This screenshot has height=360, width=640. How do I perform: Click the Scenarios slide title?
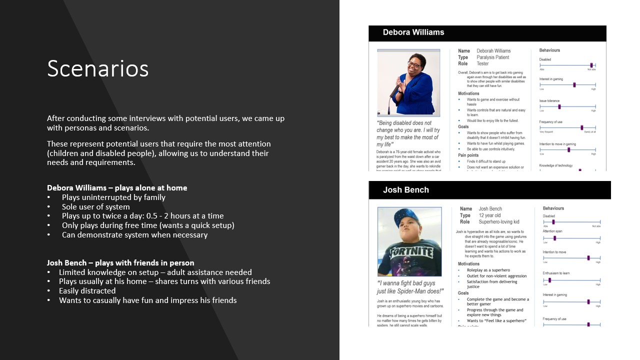97,68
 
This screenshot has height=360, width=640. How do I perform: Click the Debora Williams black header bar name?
413,32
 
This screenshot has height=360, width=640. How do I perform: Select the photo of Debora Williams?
408,82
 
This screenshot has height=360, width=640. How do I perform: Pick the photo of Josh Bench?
409,241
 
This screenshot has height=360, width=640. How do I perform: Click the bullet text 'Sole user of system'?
95,206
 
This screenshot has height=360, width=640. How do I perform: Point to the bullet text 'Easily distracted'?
87,291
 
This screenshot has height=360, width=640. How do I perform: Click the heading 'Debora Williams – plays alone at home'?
117,188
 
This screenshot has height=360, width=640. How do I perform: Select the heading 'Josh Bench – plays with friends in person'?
120,263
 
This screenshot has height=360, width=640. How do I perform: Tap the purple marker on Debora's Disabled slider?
591,65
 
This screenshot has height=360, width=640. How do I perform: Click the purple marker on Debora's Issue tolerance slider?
559,106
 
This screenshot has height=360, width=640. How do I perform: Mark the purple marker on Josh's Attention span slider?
554,238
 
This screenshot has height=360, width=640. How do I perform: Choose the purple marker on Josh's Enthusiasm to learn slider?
549,280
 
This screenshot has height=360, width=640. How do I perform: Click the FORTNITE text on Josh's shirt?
412,251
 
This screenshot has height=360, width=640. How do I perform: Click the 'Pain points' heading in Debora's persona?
468,155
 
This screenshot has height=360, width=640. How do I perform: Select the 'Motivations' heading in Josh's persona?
468,264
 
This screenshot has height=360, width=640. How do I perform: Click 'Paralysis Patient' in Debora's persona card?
492,57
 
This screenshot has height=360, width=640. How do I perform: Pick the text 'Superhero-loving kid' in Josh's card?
498,221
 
